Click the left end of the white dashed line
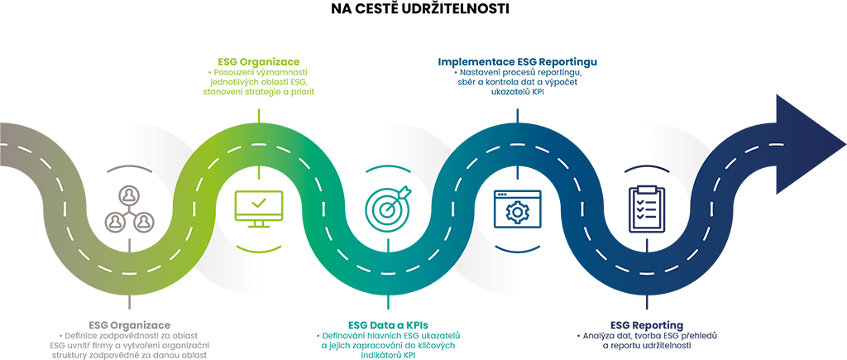click(2, 147)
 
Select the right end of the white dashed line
click(844, 147)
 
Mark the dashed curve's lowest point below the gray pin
click(124, 272)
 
